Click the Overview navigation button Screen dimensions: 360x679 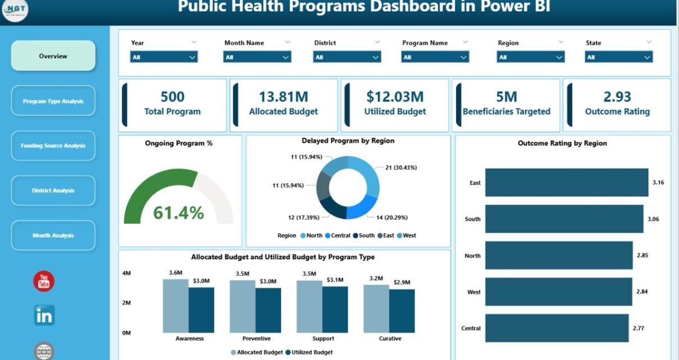point(53,56)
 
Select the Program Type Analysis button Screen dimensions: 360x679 point(53,101)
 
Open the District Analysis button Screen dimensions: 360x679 point(53,191)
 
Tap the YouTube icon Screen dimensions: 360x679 point(44,281)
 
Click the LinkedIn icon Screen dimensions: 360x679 point(44,315)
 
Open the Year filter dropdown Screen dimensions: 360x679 point(164,57)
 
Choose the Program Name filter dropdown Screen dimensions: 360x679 point(435,57)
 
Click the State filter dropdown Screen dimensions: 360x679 point(619,57)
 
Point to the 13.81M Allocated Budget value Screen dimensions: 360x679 point(283,97)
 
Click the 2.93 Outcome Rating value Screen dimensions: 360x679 point(617,97)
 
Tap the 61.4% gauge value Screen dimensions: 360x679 point(178,213)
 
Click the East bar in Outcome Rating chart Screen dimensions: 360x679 point(566,183)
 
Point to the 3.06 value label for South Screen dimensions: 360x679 point(653,219)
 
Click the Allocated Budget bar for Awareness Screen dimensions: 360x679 point(176,306)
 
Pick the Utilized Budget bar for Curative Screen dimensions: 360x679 point(402,311)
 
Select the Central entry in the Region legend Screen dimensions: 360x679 point(337,236)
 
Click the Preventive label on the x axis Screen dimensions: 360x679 point(257,339)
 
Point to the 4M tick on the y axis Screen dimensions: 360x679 point(127,273)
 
